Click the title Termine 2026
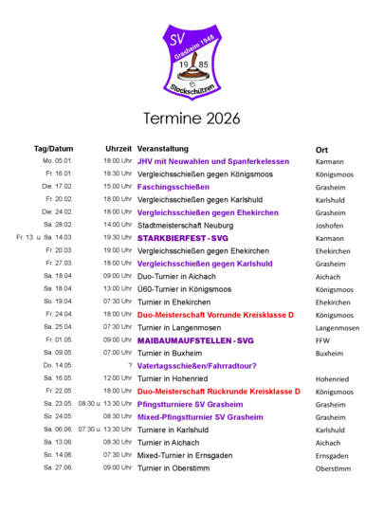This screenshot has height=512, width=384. click(192, 119)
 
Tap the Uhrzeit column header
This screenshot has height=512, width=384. click(119, 149)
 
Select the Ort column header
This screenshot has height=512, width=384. click(321, 150)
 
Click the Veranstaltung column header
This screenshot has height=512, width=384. click(163, 149)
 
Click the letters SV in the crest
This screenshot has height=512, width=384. click(177, 39)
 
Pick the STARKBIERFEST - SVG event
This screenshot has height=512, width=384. click(183, 238)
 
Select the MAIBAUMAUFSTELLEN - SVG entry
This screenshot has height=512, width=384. click(195, 340)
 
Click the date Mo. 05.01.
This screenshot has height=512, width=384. click(58, 161)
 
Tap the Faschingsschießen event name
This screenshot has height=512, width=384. click(174, 187)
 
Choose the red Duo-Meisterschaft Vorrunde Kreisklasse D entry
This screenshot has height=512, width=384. click(215, 315)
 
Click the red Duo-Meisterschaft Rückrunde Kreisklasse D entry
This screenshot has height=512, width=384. click(218, 392)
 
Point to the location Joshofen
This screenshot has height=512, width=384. click(329, 226)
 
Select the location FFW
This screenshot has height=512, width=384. click(322, 341)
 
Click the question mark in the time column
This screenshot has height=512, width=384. click(130, 365)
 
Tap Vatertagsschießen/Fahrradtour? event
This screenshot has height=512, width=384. click(196, 366)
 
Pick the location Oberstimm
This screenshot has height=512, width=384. click(333, 469)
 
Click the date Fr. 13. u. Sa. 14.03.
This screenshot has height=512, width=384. click(45, 237)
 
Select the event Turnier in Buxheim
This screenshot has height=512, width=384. click(170, 354)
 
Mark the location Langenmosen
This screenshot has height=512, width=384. click(338, 328)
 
